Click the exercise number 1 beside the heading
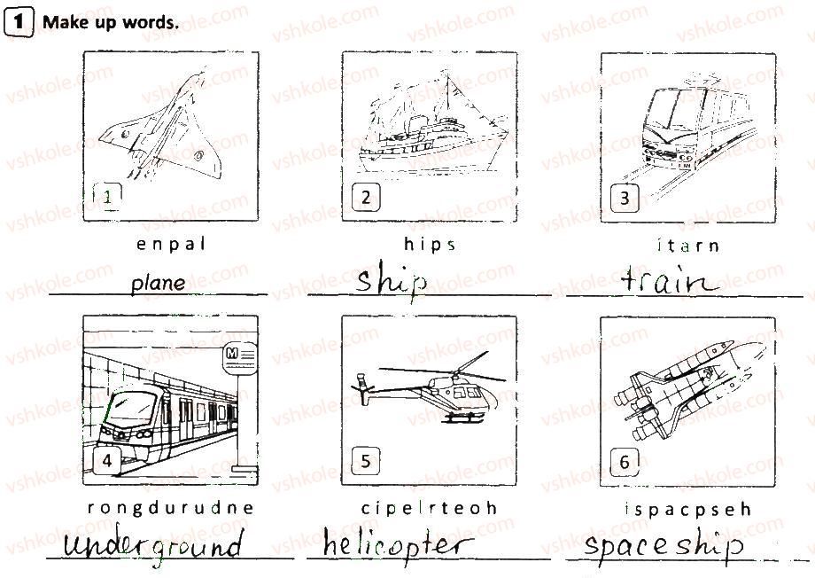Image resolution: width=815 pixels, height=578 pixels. pyautogui.click(x=19, y=23)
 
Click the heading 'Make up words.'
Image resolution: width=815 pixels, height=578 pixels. pyautogui.click(x=110, y=22)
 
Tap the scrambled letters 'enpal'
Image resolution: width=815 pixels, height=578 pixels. pyautogui.click(x=171, y=244)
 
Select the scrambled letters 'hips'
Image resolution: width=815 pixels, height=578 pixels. pyautogui.click(x=430, y=244)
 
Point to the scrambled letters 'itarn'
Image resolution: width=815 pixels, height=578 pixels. pyautogui.click(x=688, y=245)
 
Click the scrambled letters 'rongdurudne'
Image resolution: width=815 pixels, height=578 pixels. pyautogui.click(x=170, y=508)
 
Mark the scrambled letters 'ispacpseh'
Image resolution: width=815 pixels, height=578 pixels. pyautogui.click(x=688, y=509)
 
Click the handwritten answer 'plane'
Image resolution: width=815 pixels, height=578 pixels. pyautogui.click(x=158, y=284)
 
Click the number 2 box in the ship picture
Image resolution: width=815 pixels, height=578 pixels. pyautogui.click(x=365, y=197)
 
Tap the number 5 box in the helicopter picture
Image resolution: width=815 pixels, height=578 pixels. pyautogui.click(x=365, y=461)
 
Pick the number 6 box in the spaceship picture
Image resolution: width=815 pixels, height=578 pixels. pyautogui.click(x=625, y=462)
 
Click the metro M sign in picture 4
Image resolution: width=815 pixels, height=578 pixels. pyautogui.click(x=239, y=358)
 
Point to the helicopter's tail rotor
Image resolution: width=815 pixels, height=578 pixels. pyautogui.click(x=362, y=387)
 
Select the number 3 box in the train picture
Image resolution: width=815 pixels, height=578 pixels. pyautogui.click(x=625, y=199)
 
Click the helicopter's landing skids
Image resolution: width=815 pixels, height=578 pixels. pyautogui.click(x=463, y=418)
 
